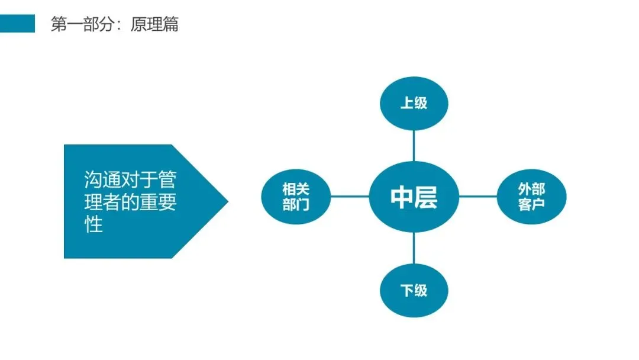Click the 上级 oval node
point(414,103)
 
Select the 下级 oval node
point(414,291)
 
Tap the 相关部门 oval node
point(296,197)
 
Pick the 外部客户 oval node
point(532,197)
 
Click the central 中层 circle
point(414,197)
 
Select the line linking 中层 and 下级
point(414,249)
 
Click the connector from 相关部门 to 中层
point(349,197)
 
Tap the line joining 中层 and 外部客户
point(478,197)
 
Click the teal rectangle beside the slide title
point(17,24)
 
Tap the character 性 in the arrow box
point(93,225)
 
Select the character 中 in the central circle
point(402,197)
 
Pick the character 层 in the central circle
point(426,197)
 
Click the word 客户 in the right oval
point(532,205)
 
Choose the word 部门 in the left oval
point(296,205)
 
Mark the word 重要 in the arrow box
point(157,202)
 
